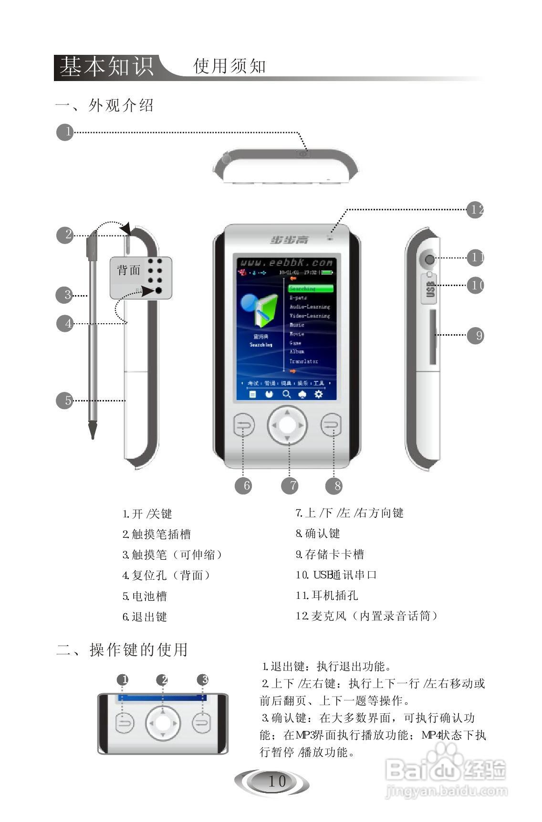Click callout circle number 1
65,132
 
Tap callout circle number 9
475,335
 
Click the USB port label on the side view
430,289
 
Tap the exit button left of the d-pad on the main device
244,425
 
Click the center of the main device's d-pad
287,424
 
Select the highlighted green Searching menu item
311,288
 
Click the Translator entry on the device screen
304,361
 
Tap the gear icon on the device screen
318,394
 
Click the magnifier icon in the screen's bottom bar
287,394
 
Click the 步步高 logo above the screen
290,239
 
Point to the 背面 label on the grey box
129,270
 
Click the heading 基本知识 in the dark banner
106,67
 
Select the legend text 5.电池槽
145,596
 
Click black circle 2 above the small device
164,679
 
